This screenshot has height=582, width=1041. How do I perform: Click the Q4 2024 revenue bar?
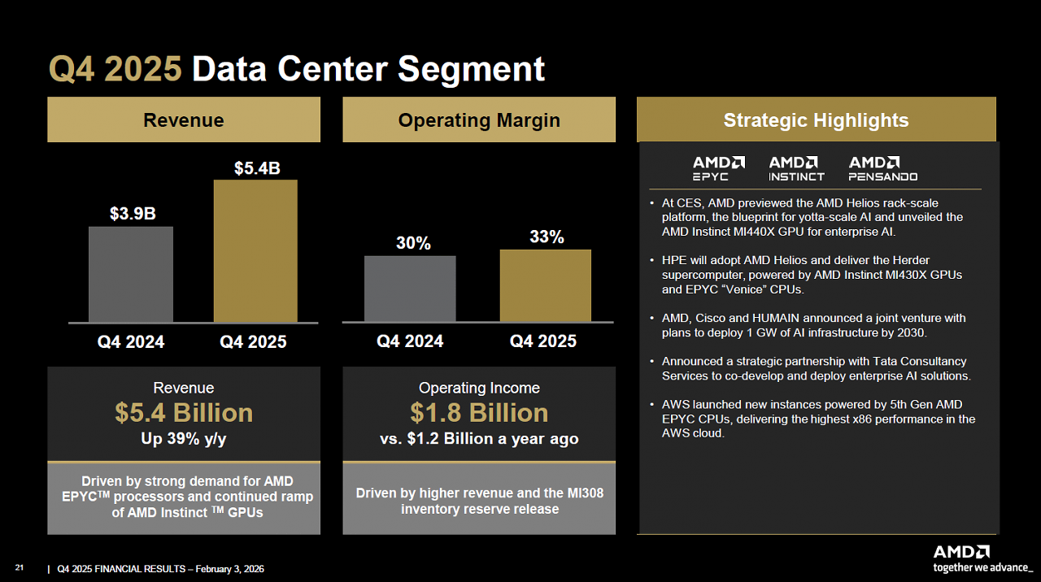(x=131, y=274)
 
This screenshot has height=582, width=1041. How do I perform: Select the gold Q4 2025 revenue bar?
(x=255, y=251)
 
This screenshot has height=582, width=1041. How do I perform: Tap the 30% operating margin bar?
(x=410, y=289)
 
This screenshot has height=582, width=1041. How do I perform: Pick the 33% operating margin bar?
(x=546, y=285)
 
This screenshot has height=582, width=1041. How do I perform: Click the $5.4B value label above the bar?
(x=257, y=168)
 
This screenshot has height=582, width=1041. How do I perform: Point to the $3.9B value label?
(x=133, y=214)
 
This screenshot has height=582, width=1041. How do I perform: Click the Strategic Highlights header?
(x=816, y=119)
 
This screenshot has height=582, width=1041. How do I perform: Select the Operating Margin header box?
(x=479, y=119)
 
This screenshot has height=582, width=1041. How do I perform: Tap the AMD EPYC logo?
(x=718, y=168)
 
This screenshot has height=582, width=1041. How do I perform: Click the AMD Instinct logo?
(x=796, y=168)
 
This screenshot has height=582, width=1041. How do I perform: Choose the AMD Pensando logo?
(x=883, y=168)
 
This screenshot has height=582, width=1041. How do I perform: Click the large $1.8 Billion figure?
(x=479, y=412)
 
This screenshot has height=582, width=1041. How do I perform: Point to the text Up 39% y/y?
(x=184, y=439)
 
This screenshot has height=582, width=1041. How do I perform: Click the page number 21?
(x=19, y=567)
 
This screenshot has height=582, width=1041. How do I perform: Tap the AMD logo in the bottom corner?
(x=961, y=552)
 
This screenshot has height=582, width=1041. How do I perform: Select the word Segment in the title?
(x=471, y=69)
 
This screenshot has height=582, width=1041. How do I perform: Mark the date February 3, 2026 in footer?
(x=229, y=569)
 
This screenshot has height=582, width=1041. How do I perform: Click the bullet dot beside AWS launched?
(x=652, y=405)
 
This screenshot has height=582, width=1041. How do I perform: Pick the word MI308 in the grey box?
(x=585, y=493)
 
